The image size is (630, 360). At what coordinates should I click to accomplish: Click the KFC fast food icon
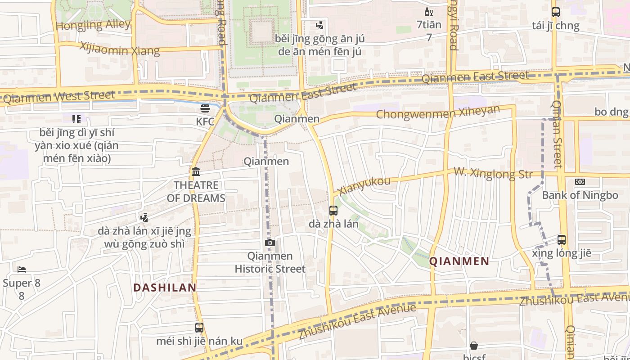[x=205, y=108]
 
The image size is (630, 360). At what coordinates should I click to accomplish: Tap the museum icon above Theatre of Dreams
[x=196, y=171]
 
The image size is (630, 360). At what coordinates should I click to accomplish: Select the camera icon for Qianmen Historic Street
[x=270, y=243]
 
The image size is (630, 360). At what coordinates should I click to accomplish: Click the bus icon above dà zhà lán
[x=333, y=210]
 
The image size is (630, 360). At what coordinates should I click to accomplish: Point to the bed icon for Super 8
[x=22, y=270]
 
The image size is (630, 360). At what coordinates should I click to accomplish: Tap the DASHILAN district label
[x=165, y=288]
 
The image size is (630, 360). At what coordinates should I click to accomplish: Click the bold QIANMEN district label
[x=459, y=261]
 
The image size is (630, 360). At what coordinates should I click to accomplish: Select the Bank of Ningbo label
[x=580, y=195]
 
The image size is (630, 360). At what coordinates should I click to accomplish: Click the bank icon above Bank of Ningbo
[x=580, y=182]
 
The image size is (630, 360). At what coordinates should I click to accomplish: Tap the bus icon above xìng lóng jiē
[x=562, y=239]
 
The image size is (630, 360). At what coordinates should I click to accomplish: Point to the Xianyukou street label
[x=364, y=185]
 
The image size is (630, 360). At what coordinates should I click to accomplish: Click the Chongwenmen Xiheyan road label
[x=438, y=112]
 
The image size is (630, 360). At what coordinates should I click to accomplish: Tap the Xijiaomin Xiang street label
[x=120, y=49]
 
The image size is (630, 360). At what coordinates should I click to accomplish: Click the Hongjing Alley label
[x=93, y=25]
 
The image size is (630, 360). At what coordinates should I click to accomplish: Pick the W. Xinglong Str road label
[x=493, y=172]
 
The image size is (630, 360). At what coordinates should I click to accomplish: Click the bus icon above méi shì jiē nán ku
[x=199, y=328]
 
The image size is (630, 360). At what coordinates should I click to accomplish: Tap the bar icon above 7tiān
[x=429, y=12]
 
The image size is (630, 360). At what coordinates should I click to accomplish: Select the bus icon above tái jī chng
[x=556, y=12]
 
